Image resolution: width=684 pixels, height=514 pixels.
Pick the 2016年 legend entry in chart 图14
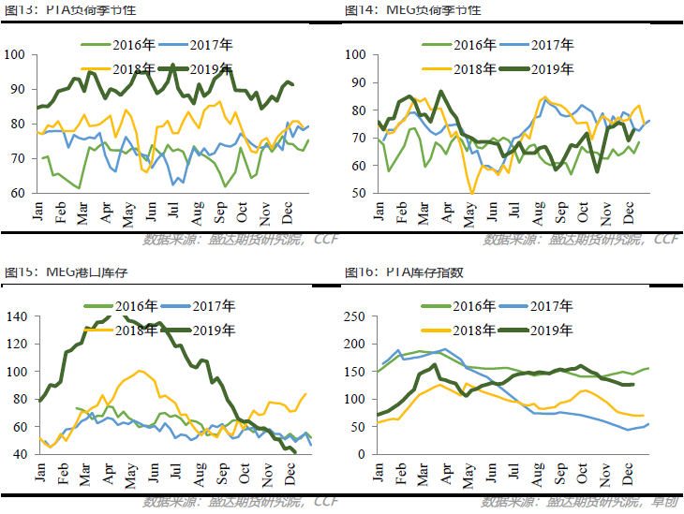[x=477, y=45]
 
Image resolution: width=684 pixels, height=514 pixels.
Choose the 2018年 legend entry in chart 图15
[x=137, y=329]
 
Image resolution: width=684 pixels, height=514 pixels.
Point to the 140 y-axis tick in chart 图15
[x=18, y=316]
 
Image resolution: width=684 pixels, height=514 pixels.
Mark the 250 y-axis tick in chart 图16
[x=357, y=316]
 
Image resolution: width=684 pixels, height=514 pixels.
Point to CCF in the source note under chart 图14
[x=665, y=240]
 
